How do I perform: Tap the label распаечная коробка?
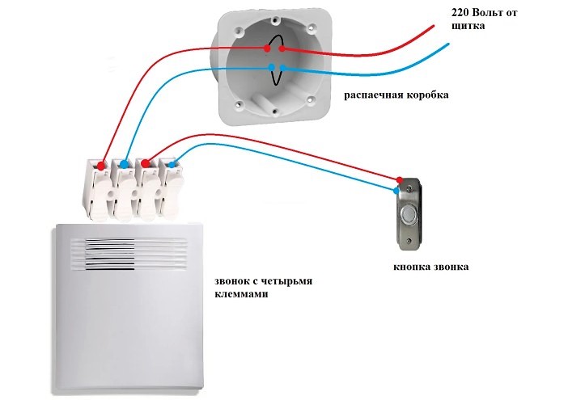click(396, 95)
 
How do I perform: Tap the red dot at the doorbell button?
click(399, 179)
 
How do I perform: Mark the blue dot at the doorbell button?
click(396, 191)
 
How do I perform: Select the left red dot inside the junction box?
click(268, 49)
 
